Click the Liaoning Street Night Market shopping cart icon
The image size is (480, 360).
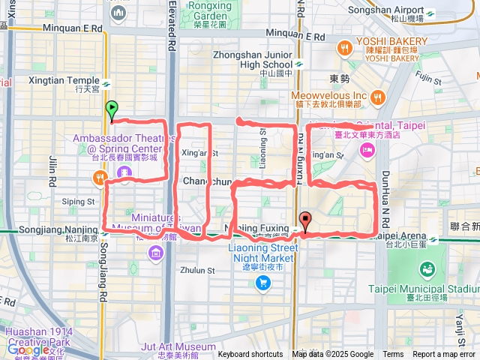click(262, 282)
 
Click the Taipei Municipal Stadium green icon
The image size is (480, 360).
click(427, 268)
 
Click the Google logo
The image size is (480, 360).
click(28, 349)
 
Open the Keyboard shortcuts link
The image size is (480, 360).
click(250, 355)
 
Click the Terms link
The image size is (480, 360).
click(393, 355)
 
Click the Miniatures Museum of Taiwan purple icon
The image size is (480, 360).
click(156, 250)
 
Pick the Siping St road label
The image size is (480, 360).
click(78, 202)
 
